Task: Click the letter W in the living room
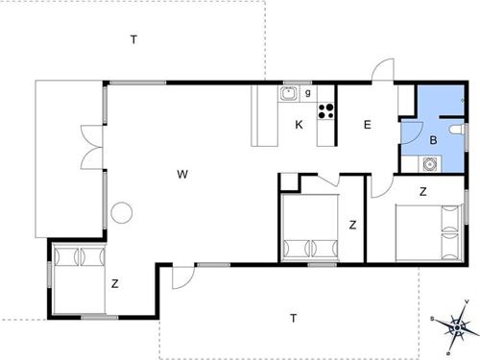tap(181, 174)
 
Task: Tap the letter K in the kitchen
tap(300, 125)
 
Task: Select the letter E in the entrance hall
tap(367, 124)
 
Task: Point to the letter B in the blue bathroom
tap(433, 140)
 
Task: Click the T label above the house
tap(134, 38)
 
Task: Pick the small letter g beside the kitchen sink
tap(307, 93)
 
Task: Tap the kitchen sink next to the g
tap(288, 94)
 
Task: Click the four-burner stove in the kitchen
tap(325, 109)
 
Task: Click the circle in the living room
tap(121, 212)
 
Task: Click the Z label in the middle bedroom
tap(352, 226)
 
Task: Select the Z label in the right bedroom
tap(422, 191)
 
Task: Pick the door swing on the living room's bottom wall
tap(180, 276)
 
